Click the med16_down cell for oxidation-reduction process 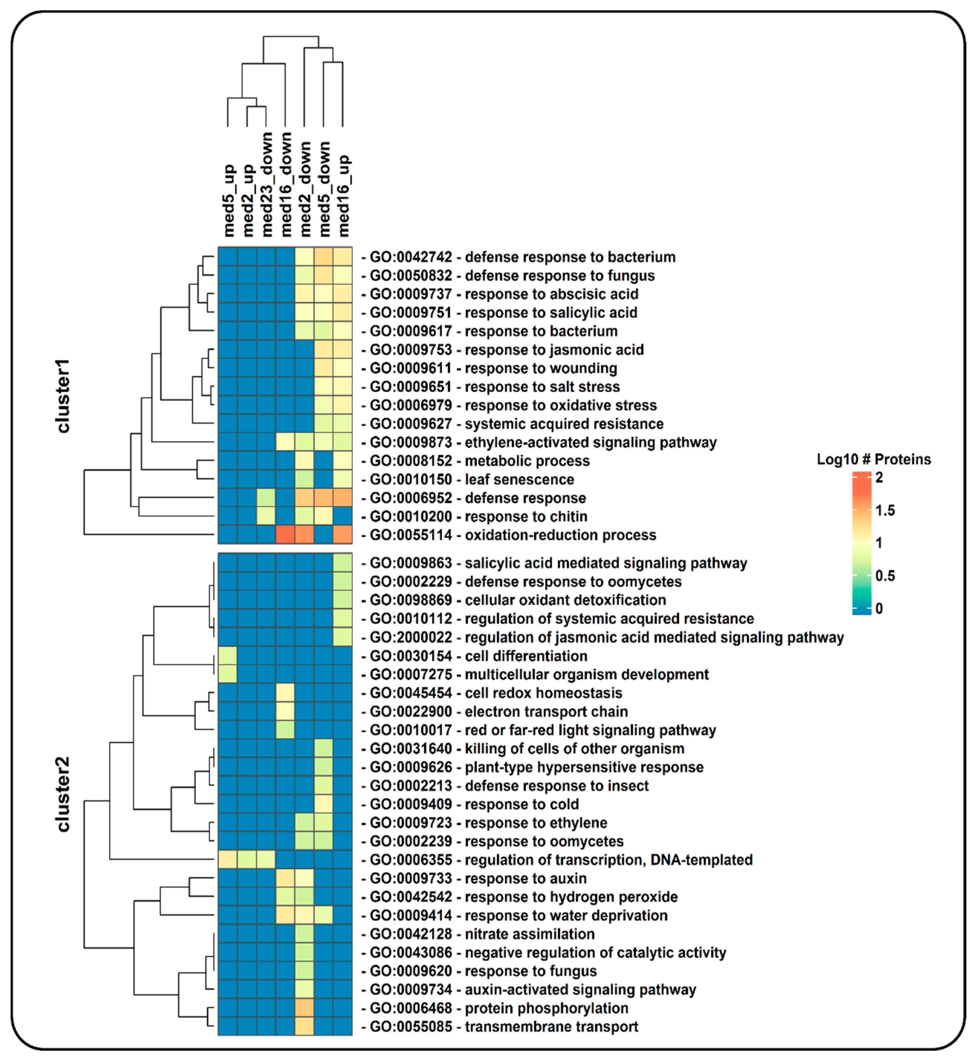click(285, 535)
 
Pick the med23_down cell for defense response click(266, 498)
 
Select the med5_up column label click(229, 200)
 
